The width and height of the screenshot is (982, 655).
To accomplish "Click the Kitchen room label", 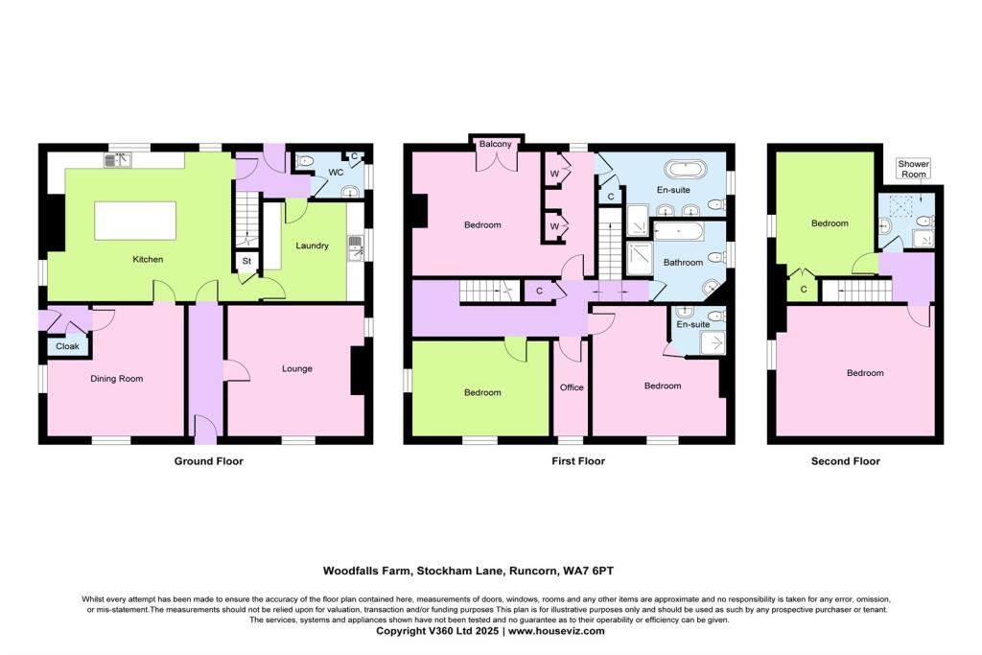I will tap(148, 259).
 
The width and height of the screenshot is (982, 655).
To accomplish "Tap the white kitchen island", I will tap(134, 220).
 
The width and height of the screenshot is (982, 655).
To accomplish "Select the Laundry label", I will tap(313, 246).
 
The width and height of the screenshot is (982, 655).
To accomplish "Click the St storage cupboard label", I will tap(245, 261).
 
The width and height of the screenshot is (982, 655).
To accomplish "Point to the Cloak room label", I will tap(67, 346).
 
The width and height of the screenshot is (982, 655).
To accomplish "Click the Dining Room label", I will tap(117, 379).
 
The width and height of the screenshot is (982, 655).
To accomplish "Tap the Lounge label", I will tap(298, 368).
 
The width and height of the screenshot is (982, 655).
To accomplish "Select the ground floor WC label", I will tap(336, 173).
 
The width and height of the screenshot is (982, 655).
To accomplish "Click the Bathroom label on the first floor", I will tap(685, 262).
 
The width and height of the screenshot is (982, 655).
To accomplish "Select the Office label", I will tap(572, 387).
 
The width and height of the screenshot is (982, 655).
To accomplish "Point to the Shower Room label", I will tap(912, 169).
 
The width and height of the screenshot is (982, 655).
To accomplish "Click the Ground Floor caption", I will tap(208, 461).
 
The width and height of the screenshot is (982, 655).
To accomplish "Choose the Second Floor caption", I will tap(845, 461).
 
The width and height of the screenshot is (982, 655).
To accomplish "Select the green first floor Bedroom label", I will tap(482, 392).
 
